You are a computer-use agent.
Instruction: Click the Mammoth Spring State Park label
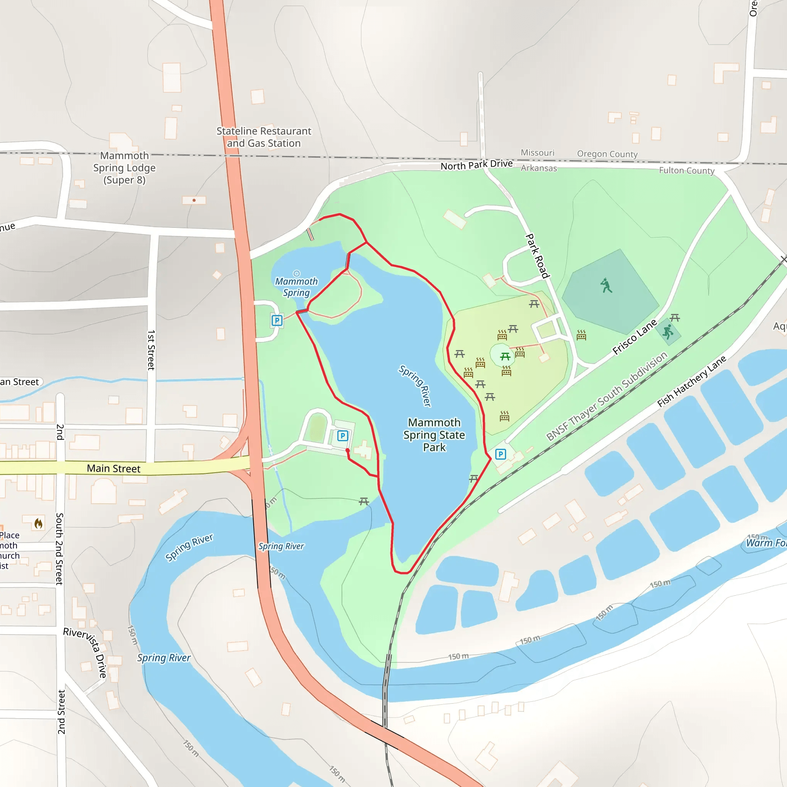tap(434, 435)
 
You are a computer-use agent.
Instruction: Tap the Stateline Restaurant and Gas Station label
tap(264, 137)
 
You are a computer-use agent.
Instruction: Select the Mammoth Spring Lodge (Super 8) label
tap(124, 168)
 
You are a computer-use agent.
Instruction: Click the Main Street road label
tap(114, 468)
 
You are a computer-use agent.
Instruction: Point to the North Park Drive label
tap(477, 164)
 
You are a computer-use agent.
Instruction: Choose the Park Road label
tap(537, 256)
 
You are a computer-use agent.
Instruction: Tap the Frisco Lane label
tap(635, 337)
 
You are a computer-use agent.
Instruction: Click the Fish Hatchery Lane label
tap(692, 381)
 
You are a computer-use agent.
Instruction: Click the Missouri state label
tap(537, 153)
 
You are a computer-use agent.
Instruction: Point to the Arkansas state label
tap(538, 168)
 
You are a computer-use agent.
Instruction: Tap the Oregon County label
tap(607, 154)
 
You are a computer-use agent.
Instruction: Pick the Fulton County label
tap(686, 170)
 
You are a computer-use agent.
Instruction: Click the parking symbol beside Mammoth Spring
tap(277, 320)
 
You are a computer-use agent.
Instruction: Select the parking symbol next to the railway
tap(500, 454)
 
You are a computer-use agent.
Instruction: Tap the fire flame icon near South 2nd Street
tap(39, 523)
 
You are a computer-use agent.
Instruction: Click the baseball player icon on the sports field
tap(606, 286)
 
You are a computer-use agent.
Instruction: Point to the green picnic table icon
tap(505, 357)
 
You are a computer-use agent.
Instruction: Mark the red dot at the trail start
tap(347, 450)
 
